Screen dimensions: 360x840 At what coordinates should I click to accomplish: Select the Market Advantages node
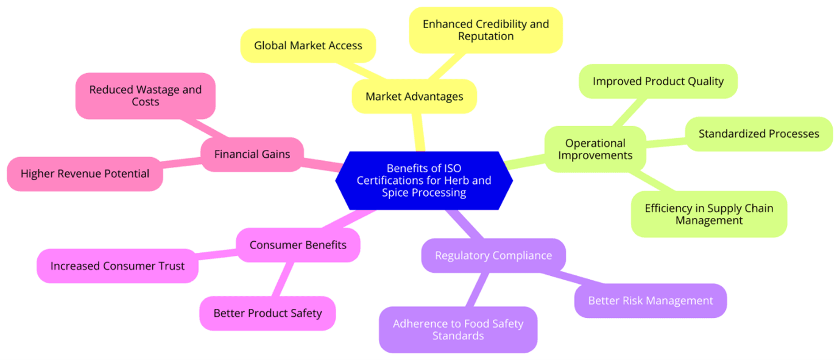point(414,96)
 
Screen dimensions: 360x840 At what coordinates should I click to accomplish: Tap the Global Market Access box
point(308,46)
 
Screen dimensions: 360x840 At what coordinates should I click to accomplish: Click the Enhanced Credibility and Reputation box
point(485,30)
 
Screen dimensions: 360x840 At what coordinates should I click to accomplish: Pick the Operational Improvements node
point(595,149)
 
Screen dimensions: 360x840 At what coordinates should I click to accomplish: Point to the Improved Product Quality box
point(658,81)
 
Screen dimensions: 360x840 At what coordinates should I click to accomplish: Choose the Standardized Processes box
point(758,133)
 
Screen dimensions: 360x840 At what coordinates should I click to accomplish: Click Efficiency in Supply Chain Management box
point(708,214)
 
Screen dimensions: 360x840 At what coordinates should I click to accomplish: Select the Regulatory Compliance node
point(493,255)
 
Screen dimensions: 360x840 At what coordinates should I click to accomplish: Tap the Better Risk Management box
point(650,300)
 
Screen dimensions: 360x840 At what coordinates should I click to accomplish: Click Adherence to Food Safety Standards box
point(457,330)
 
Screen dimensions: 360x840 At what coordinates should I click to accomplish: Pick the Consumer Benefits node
point(298,245)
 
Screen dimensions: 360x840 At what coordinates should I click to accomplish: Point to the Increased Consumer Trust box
point(117,266)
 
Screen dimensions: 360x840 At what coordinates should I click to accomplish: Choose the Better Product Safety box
point(267,313)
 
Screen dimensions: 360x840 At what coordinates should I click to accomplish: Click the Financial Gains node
point(252,154)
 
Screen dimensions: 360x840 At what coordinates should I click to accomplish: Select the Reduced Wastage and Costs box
point(145,96)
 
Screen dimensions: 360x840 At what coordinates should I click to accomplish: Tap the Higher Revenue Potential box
point(85,174)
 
